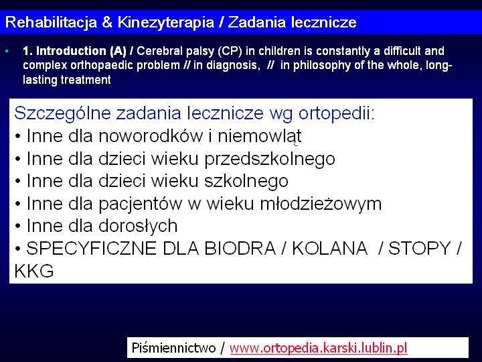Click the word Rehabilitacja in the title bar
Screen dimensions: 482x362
pos(51,23)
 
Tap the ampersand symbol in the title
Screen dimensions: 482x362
pos(107,23)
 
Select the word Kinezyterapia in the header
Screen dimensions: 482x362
pos(166,23)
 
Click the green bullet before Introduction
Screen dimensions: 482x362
pos(7,51)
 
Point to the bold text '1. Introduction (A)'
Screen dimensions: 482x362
pos(74,51)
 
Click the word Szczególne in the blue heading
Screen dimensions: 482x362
pos(62,113)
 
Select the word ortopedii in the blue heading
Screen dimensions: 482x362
pos(337,113)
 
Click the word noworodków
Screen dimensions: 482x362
pos(151,135)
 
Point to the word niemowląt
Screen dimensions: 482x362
pos(260,136)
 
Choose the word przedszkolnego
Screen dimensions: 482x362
pos(270,159)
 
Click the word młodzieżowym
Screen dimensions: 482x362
pos(321,204)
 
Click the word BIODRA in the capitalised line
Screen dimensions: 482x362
pos(240,248)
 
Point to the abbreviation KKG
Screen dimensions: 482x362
pos(34,271)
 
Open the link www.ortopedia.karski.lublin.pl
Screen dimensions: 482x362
pos(318,348)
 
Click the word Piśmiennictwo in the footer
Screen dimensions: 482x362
pos(173,348)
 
